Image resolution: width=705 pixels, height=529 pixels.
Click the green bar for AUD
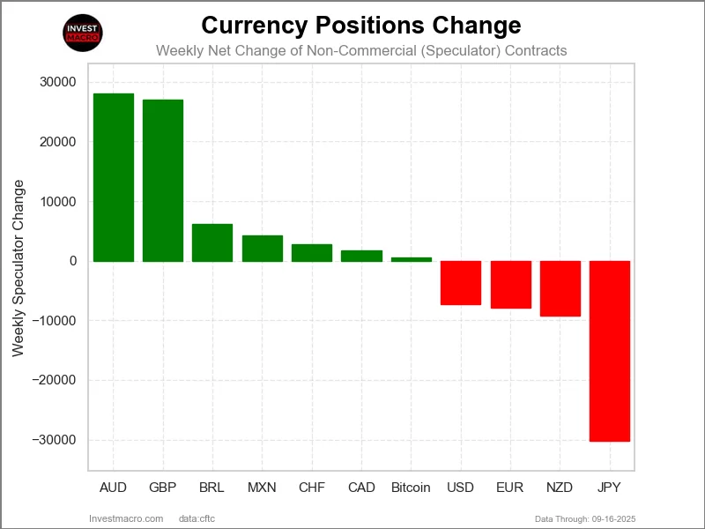[x=113, y=177]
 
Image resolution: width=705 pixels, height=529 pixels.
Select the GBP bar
[x=163, y=181]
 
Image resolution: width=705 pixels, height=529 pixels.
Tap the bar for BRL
[x=212, y=242]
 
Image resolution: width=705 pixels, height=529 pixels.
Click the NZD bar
[x=560, y=288]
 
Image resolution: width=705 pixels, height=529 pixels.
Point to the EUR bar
[x=511, y=285]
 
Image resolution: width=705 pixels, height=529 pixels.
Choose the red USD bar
[x=461, y=283]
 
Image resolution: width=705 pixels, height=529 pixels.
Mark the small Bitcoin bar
[x=412, y=259]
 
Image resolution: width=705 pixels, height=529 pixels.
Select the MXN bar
[x=263, y=249]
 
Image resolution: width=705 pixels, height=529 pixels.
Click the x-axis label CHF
[x=312, y=488]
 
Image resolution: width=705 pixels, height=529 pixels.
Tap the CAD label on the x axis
[x=361, y=488]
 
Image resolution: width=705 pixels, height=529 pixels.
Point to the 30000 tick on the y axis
[x=58, y=83]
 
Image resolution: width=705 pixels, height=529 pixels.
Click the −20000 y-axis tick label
[x=55, y=381]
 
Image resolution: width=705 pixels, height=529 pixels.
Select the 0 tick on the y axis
[x=71, y=262]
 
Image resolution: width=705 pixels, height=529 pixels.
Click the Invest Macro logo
[x=84, y=34]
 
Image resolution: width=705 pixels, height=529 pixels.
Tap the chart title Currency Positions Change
[x=361, y=24]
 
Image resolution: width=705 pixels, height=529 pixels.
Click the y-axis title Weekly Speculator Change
[x=19, y=268]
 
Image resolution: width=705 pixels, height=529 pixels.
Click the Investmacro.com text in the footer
[x=127, y=518]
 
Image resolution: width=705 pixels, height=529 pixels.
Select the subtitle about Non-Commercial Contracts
[x=361, y=50]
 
